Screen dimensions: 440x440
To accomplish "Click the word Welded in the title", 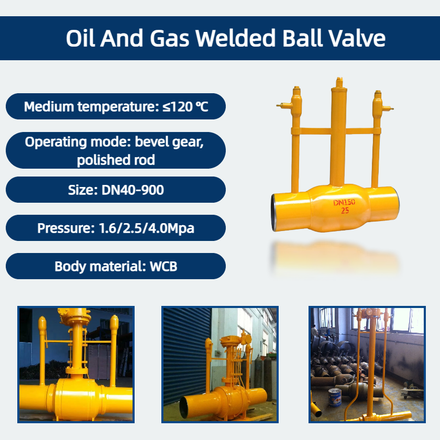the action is tap(235, 38).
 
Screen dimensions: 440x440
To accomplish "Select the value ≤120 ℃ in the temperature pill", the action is tap(185, 107).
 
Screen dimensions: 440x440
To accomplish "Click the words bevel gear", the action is tap(169, 142).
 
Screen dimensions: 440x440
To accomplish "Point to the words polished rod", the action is tap(116, 160).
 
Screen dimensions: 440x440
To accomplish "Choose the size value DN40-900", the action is tap(133, 190).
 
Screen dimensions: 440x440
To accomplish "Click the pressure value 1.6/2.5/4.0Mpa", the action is tap(147, 228).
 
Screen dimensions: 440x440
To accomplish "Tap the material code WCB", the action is tap(163, 266).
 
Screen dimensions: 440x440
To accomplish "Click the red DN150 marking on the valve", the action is tap(344, 202).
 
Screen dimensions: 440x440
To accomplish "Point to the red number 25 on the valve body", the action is tap(345, 211).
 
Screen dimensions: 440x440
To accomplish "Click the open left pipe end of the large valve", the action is tap(274, 213).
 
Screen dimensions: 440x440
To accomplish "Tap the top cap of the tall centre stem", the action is tap(339, 82).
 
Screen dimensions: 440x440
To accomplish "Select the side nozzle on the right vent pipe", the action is tap(388, 108).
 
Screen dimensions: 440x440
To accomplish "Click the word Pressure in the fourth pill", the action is tap(66, 228).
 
